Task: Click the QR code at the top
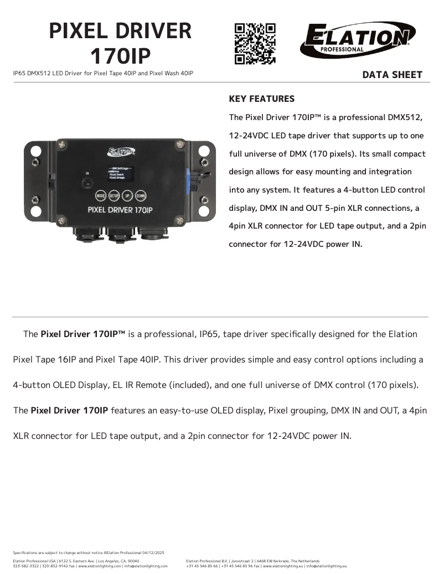pos(255,43)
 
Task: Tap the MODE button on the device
pos(100,195)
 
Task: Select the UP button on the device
pos(127,195)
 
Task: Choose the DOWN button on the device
pos(141,195)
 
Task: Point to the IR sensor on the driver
pos(87,181)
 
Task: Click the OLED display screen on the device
pos(120,173)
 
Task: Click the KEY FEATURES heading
pos(261,99)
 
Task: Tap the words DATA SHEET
pos(392,75)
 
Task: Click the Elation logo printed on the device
pos(121,151)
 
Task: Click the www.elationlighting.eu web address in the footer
pos(282,566)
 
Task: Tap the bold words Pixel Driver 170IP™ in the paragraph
pos(83,334)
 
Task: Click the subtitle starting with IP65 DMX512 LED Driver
pos(103,73)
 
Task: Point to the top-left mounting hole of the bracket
pos(34,150)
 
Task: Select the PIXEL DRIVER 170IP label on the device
pos(121,210)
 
